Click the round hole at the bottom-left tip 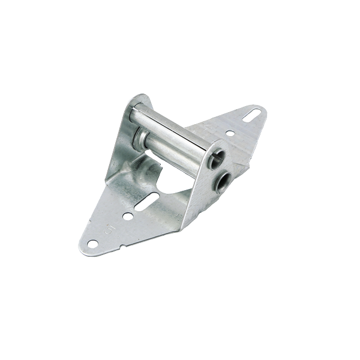(x=92, y=243)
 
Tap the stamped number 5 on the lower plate (x=109, y=227)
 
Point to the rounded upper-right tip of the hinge (x=262, y=110)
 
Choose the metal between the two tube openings (x=221, y=169)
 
